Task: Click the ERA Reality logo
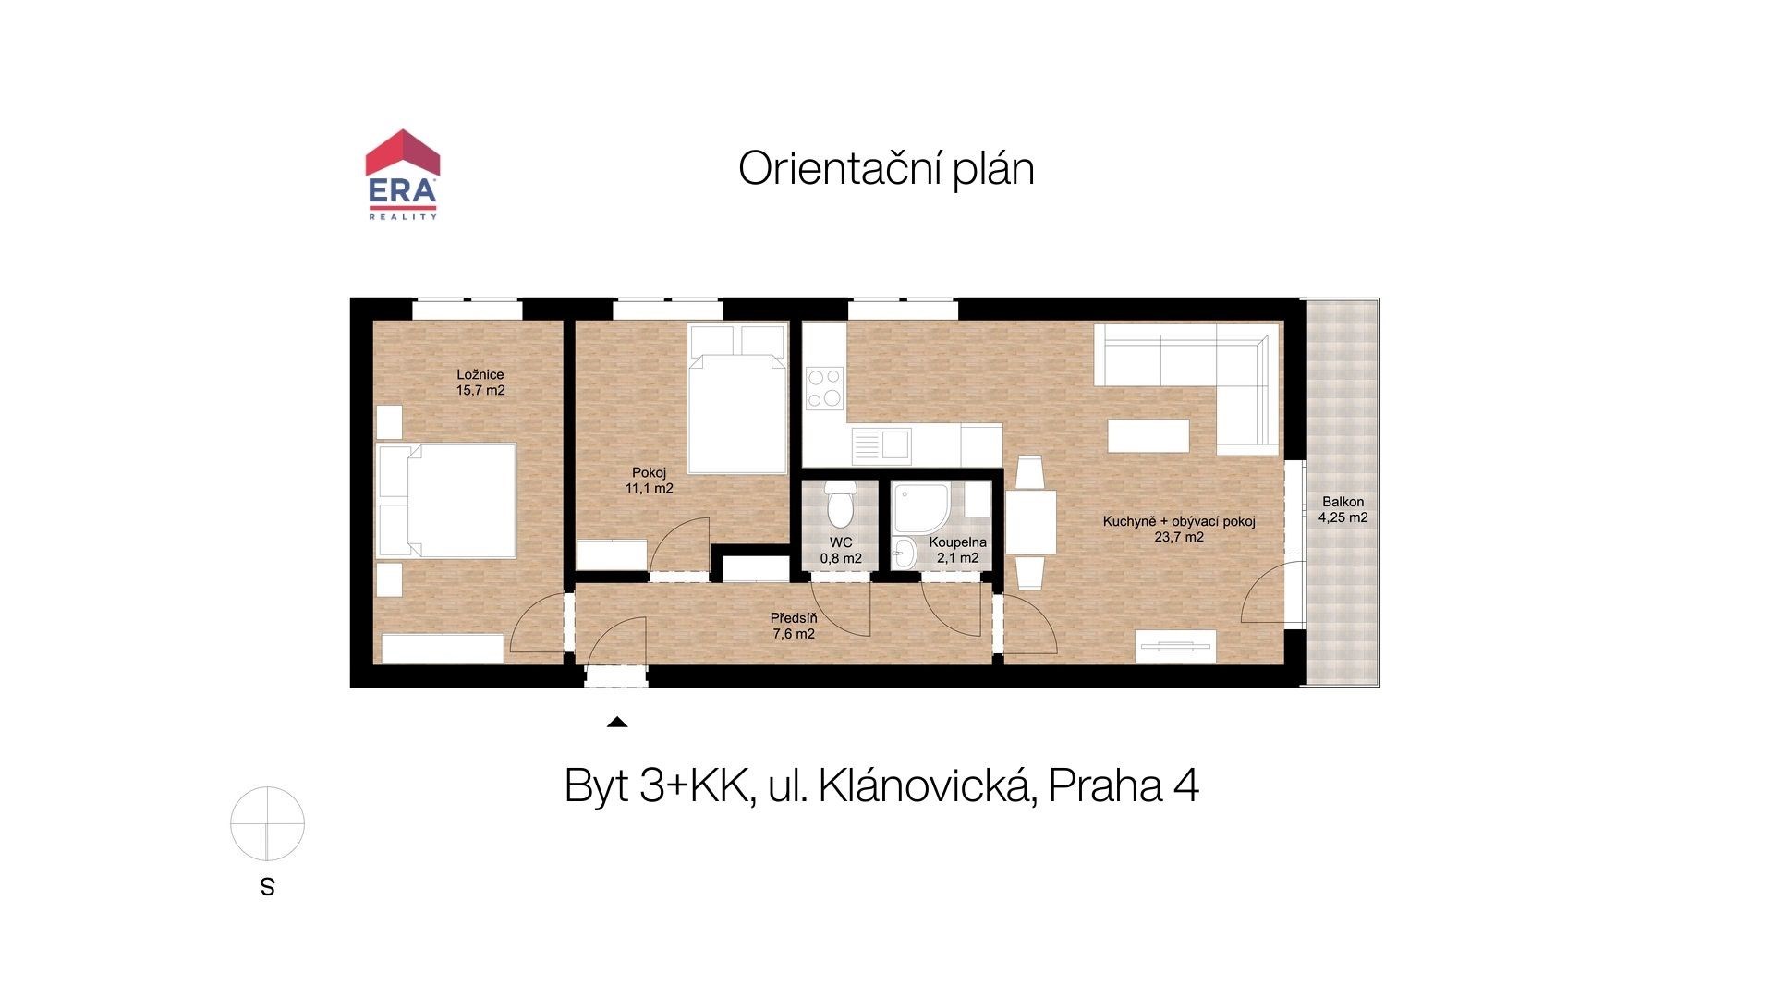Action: click(x=402, y=175)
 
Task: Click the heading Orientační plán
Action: click(x=886, y=169)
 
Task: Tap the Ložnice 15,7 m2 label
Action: click(x=480, y=383)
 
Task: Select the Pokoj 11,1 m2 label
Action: click(x=649, y=481)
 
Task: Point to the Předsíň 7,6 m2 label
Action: click(x=794, y=626)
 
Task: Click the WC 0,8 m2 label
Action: click(x=841, y=551)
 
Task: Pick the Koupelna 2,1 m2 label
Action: click(x=958, y=551)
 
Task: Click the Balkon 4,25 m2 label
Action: click(x=1343, y=510)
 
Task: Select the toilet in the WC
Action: click(x=840, y=505)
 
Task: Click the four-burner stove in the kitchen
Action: click(x=824, y=388)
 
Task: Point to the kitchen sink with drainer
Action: click(x=881, y=445)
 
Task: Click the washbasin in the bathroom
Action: click(x=903, y=554)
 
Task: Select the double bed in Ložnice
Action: click(x=447, y=500)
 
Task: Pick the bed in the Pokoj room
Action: click(x=737, y=398)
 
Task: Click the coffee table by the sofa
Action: click(x=1148, y=435)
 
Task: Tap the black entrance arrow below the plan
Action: click(x=617, y=723)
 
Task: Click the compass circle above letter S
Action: click(x=267, y=823)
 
